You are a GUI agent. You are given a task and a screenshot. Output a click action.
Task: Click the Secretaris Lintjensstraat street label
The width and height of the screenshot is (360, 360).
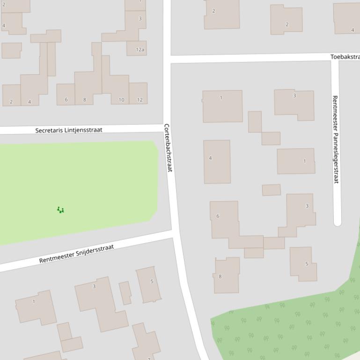point(68,130)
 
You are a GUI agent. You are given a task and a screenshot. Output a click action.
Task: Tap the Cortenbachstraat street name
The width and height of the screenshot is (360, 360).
point(168,147)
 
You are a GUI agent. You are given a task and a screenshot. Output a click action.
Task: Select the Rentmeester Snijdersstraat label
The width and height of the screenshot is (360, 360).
point(76,253)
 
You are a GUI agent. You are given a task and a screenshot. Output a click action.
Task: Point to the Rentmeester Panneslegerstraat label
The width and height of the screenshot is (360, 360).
point(335,139)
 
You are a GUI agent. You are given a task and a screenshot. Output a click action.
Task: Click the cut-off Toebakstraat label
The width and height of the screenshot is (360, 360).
point(345,57)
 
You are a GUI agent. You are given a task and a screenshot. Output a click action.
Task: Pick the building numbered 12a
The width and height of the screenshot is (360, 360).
point(137,48)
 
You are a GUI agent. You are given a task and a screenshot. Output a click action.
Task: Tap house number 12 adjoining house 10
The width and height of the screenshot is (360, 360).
point(139,93)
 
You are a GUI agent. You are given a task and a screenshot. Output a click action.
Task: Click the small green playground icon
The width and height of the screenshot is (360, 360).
point(60,210)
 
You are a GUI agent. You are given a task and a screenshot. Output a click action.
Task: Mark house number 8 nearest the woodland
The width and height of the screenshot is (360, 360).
point(227,276)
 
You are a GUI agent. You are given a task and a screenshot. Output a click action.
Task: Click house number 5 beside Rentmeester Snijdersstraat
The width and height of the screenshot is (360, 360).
point(149,284)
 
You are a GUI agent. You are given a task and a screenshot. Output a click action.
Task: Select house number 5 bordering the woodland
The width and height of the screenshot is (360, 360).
point(303,264)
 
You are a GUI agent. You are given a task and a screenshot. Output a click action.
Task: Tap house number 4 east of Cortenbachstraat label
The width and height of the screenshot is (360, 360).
point(217,161)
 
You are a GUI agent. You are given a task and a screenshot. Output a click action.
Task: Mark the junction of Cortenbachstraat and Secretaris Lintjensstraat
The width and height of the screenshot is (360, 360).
point(167,128)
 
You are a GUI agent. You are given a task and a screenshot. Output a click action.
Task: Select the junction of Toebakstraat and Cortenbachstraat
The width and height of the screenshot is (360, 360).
point(167,58)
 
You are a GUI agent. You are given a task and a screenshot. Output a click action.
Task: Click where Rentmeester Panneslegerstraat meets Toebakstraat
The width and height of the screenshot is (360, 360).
point(335,58)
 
